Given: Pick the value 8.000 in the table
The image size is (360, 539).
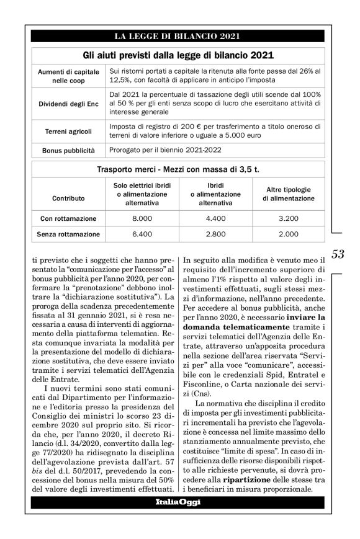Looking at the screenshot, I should (142, 219).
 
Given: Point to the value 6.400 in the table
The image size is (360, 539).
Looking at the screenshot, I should (142, 234).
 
